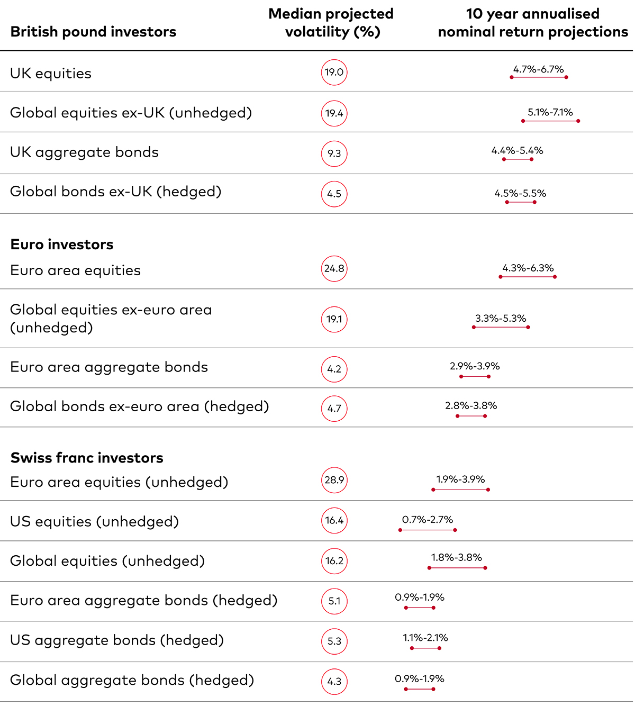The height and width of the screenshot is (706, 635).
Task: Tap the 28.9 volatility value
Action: [334, 480]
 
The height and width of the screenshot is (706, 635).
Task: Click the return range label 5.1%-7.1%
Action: [550, 112]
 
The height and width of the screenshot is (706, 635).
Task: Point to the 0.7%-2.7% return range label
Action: [428, 520]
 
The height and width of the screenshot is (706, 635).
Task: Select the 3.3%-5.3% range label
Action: [501, 318]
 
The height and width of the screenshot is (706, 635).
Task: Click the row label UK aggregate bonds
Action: [84, 152]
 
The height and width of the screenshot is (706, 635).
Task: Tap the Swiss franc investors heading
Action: [87, 458]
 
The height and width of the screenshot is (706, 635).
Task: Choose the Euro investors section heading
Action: [61, 245]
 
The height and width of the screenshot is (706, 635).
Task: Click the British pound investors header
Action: [93, 32]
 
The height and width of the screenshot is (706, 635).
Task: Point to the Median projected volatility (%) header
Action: [331, 23]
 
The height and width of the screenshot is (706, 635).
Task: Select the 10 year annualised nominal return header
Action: [533, 23]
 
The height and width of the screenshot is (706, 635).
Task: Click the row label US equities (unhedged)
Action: [94, 522]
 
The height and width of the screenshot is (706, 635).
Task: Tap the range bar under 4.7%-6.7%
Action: [539, 77]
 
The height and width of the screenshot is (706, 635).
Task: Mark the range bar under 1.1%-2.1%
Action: [425, 648]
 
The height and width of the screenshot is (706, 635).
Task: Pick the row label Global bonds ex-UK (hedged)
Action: [115, 192]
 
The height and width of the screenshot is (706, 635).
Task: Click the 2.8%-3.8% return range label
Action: [471, 406]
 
